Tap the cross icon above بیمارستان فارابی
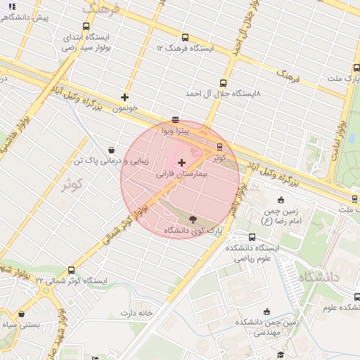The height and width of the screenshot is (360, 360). point(182,162)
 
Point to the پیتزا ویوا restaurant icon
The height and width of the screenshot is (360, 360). point(175,120)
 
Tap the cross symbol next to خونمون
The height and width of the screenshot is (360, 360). point(125,97)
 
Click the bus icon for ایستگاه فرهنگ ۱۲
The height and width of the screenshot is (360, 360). point(185,38)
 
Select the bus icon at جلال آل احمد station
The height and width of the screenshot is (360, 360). point(224,83)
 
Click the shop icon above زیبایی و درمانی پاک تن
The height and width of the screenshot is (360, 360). point(112,150)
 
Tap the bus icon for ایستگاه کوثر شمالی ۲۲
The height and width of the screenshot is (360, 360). point(71,271)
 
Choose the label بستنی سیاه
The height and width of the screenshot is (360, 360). point(19,325)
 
